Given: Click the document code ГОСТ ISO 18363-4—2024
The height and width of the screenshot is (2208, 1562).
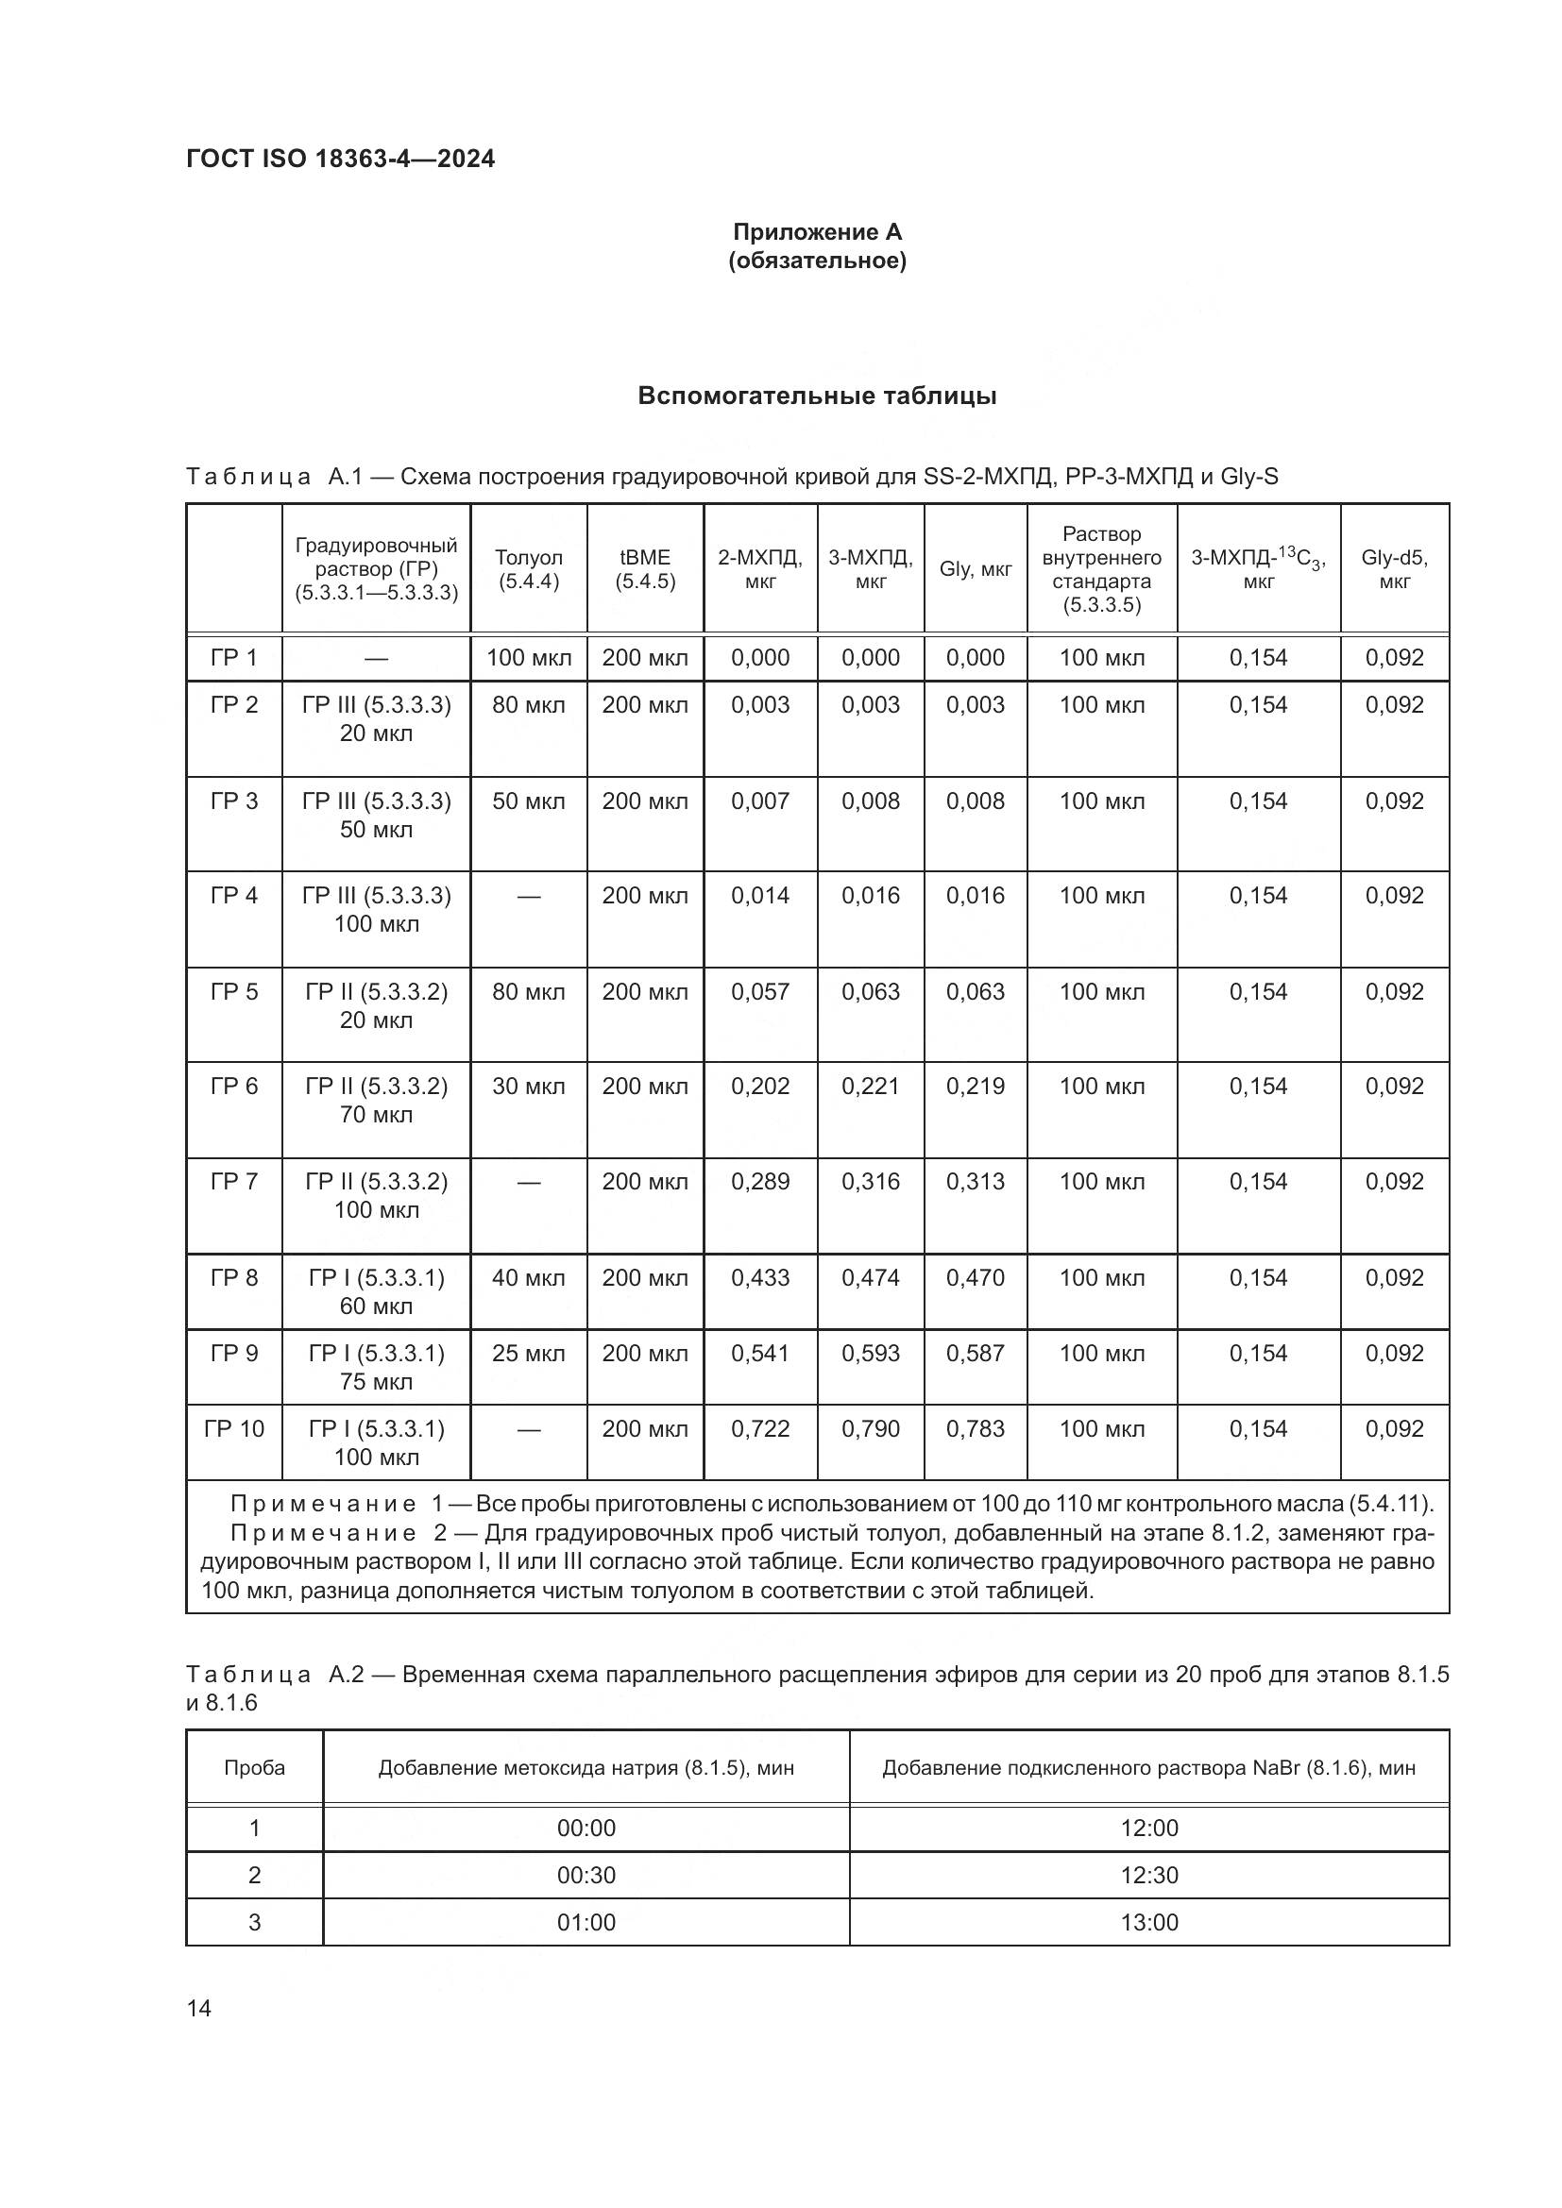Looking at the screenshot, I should coord(341,159).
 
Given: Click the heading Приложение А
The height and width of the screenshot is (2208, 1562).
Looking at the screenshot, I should coord(817,232).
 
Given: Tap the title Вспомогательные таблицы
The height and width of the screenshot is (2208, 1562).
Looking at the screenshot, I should coord(817,396).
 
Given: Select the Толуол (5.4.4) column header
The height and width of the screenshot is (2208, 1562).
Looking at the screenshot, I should coord(528,569).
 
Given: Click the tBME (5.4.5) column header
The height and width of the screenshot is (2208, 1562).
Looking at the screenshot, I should coord(644,569).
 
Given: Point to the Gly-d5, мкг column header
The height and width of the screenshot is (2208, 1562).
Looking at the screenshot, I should coord(1394,569).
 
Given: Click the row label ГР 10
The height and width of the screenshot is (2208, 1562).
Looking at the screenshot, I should coord(233,1428).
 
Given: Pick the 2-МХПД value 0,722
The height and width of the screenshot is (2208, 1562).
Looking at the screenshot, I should coord(760,1428).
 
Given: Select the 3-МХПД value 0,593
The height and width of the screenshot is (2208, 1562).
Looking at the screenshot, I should coord(871,1353).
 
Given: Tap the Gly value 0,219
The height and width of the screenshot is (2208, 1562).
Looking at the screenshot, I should coord(975,1086).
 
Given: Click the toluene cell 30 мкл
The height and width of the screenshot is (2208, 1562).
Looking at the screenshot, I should coord(528,1086).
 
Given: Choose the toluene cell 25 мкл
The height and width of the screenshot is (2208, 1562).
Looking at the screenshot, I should coord(528,1353).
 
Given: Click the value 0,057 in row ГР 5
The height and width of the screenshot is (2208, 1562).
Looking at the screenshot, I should coord(760,991).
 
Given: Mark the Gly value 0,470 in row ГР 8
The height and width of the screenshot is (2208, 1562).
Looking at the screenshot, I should coord(975,1278).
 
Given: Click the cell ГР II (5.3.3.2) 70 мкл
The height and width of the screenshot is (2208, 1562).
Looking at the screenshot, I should coord(376,1100).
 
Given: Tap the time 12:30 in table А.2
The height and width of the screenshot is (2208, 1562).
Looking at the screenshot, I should coord(1148,1876).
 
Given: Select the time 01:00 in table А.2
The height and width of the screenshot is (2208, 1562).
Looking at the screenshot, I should coord(586,1922).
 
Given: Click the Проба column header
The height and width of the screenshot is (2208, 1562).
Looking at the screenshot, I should coord(254,1767).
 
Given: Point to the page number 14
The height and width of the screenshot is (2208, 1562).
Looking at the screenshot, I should coord(199,2008).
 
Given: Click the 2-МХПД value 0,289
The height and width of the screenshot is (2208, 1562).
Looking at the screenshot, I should coord(760,1181).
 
